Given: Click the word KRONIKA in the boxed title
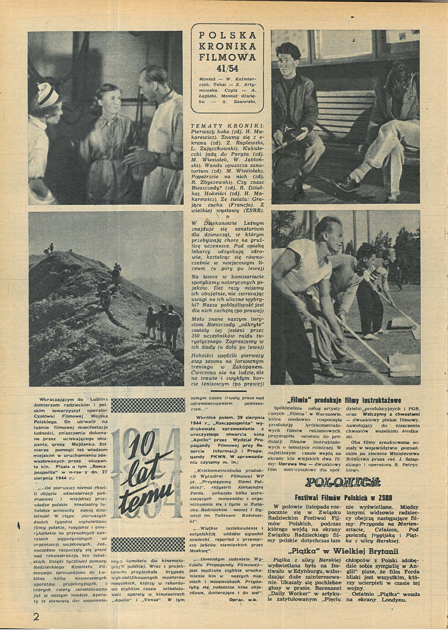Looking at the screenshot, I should (227, 46).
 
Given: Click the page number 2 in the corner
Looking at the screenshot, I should (36, 616).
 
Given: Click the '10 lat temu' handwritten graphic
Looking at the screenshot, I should (140, 475).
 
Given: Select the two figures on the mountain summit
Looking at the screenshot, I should (49, 248).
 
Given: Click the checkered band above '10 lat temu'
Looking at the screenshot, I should (148, 405).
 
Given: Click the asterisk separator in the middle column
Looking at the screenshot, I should (227, 215).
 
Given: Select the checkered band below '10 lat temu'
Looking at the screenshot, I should (148, 544).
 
